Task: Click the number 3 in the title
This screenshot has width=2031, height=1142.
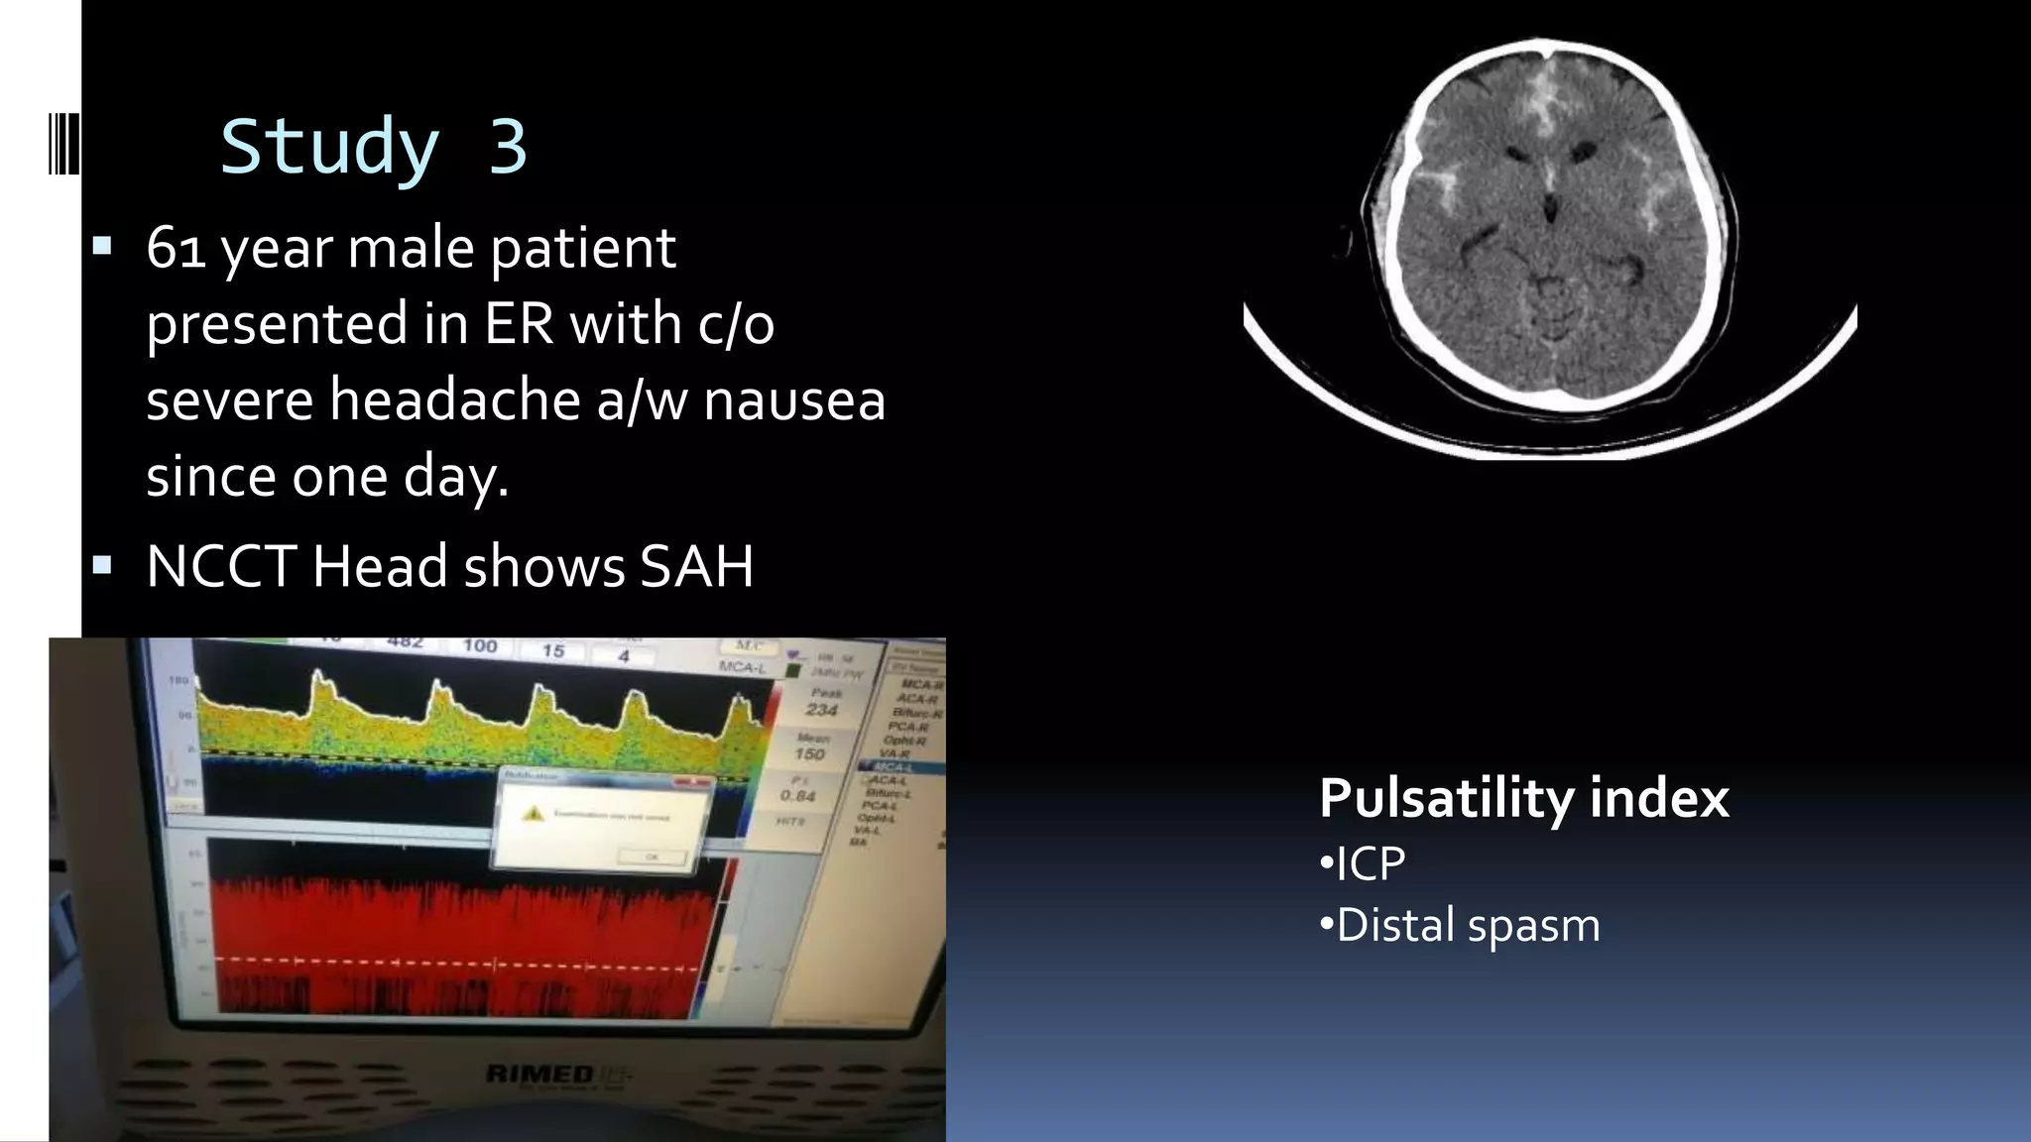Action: (507, 146)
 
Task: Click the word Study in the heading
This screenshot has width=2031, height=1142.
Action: (328, 146)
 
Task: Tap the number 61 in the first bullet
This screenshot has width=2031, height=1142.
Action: (176, 248)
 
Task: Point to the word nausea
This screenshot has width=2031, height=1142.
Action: (793, 400)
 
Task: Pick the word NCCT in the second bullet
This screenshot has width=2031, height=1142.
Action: (221, 566)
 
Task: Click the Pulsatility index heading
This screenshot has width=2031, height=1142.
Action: (1523, 798)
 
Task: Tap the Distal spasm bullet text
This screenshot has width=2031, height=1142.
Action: (1468, 925)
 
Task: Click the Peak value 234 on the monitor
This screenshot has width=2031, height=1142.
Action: (822, 710)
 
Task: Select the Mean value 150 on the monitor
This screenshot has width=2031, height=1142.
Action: (810, 754)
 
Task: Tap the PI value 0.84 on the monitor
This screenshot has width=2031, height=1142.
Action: (797, 795)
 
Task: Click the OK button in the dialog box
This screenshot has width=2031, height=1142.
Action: (652, 856)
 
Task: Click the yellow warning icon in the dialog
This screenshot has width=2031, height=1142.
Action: (535, 814)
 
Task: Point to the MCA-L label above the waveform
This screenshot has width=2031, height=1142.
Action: (743, 667)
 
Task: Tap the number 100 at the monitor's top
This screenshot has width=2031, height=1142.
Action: (480, 646)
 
